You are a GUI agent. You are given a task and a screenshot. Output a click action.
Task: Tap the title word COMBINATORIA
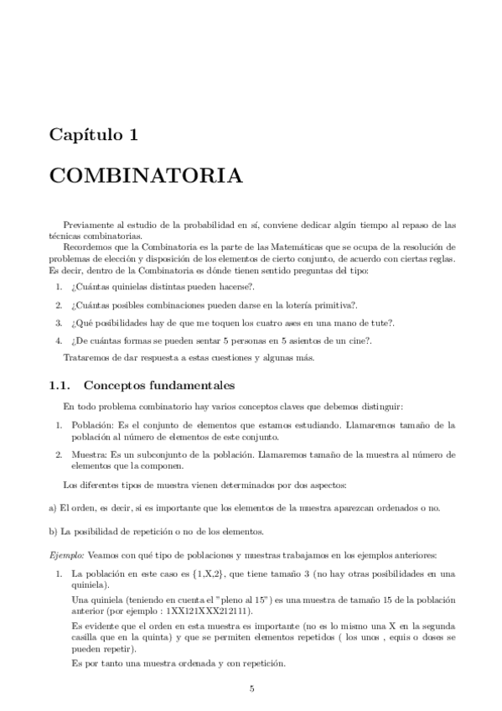coord(147,177)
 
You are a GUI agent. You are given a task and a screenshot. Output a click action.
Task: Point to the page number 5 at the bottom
coord(251,689)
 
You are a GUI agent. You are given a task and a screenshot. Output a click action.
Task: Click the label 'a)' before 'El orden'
coord(52,508)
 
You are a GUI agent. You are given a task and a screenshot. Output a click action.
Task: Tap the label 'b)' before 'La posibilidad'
coord(52,532)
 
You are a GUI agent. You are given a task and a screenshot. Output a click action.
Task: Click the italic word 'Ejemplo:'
coord(67,556)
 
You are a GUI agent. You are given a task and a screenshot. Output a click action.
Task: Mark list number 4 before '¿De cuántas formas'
coord(60,340)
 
